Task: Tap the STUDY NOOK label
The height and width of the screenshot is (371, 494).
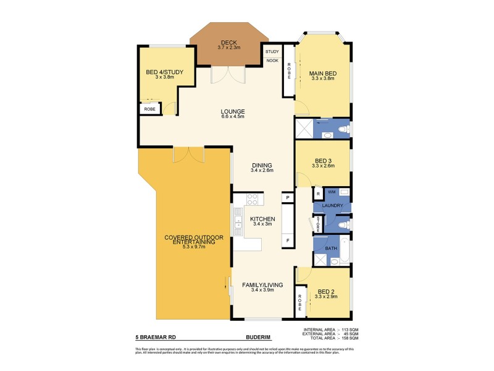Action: pyautogui.click(x=272, y=56)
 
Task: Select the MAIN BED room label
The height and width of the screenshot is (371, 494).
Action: pyautogui.click(x=322, y=76)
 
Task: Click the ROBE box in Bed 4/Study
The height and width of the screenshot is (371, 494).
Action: pyautogui.click(x=150, y=109)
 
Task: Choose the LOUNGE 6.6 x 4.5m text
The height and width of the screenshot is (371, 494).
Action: pyautogui.click(x=233, y=114)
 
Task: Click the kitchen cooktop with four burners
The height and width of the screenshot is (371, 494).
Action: pyautogui.click(x=252, y=200)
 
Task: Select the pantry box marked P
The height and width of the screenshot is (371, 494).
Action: pyautogui.click(x=287, y=197)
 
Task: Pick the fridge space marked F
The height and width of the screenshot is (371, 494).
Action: pyautogui.click(x=287, y=239)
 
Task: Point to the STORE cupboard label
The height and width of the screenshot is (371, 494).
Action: pyautogui.click(x=317, y=224)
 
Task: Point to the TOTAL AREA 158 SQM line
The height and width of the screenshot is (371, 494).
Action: pyautogui.click(x=327, y=339)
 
